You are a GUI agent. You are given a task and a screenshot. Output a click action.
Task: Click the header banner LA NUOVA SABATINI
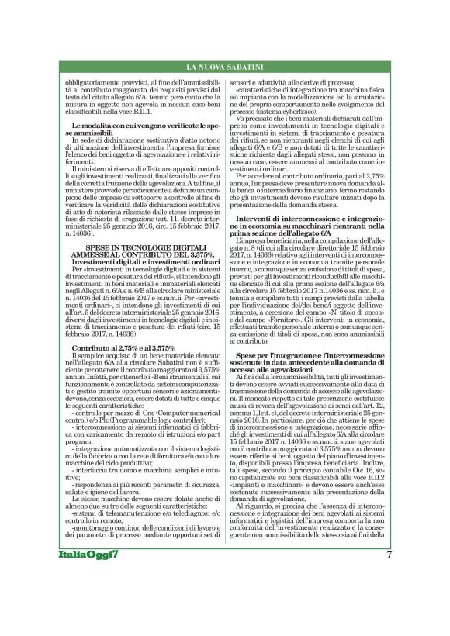(x=224, y=71)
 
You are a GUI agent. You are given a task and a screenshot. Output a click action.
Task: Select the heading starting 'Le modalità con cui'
(x=140, y=127)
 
